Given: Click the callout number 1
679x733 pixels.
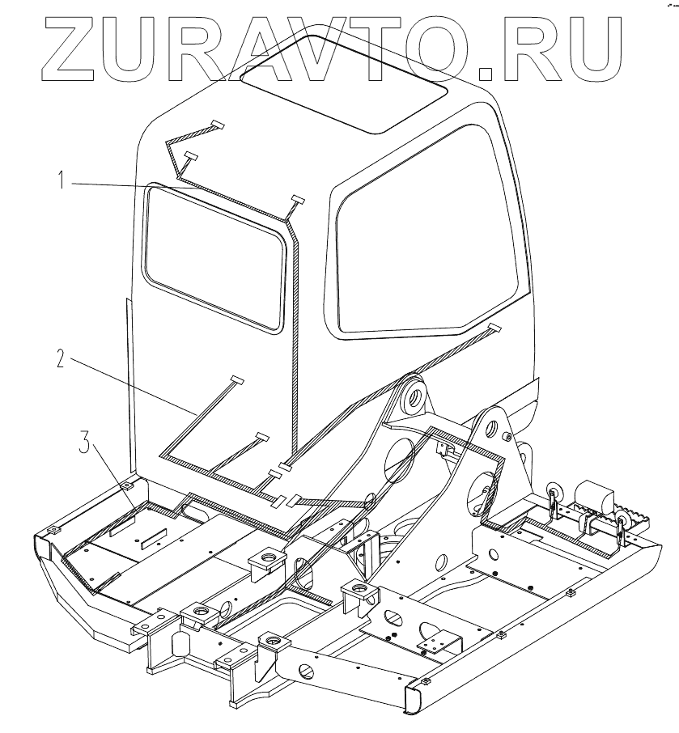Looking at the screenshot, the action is tap(61, 180).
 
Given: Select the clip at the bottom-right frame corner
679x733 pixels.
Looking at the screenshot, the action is tap(422, 686).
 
